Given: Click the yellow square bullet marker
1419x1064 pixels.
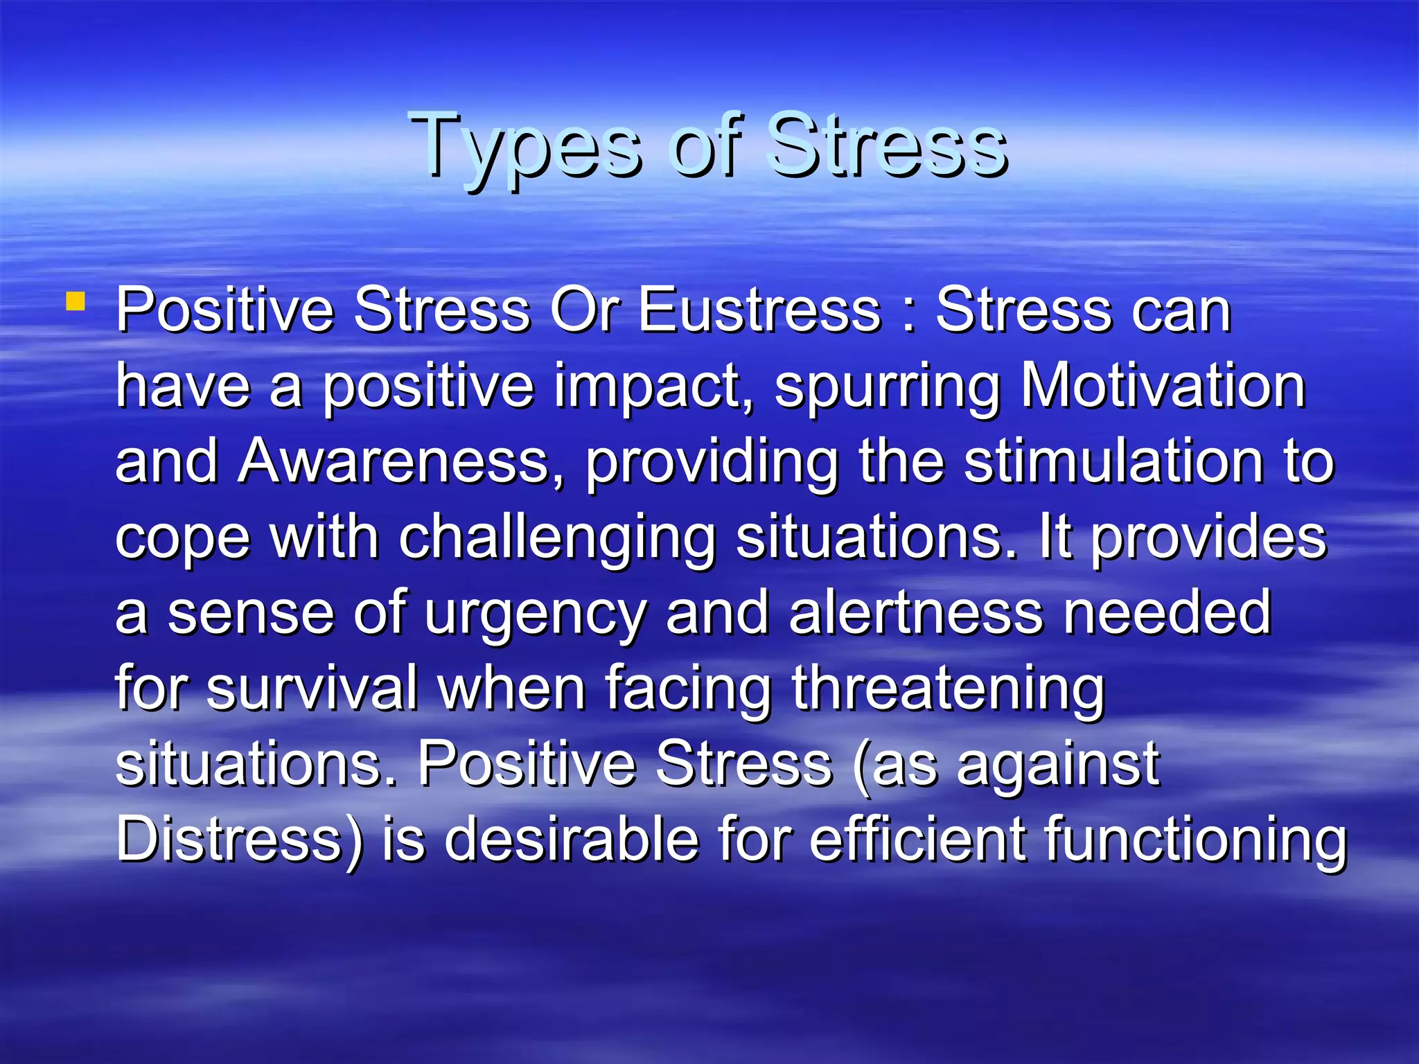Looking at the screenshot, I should pos(76,302).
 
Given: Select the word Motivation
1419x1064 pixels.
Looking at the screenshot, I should pos(1163,386).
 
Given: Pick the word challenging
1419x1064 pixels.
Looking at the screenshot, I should pos(557,539).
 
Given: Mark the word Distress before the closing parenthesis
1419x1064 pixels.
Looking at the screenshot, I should pos(229,839).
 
